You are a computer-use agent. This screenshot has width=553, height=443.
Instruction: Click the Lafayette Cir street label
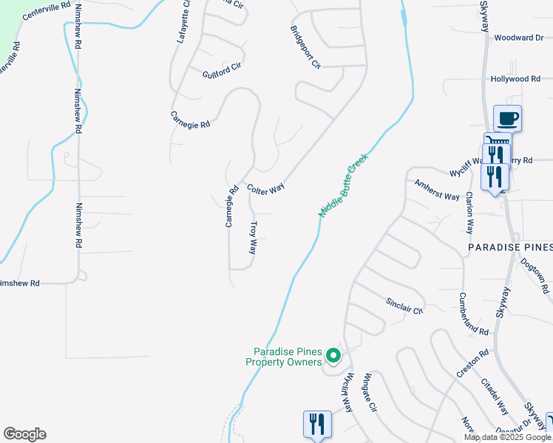pos(184,22)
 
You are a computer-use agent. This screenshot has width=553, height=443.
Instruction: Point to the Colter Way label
pos(265,188)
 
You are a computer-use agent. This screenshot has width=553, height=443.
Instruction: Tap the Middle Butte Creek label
pos(343,185)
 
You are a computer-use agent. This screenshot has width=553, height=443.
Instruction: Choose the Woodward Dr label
pos(518,38)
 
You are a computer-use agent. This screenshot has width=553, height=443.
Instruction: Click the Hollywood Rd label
pos(515,78)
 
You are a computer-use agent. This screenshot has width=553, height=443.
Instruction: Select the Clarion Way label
pos(469,213)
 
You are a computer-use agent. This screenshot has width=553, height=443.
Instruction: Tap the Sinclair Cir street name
pos(404,306)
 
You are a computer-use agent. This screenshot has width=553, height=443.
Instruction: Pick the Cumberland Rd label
pos(473,313)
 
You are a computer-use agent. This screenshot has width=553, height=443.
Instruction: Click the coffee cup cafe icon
pos(507,118)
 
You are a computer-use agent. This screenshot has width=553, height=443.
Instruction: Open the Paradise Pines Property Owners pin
pos(333,357)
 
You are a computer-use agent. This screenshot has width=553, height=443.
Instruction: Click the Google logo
pos(24,434)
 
